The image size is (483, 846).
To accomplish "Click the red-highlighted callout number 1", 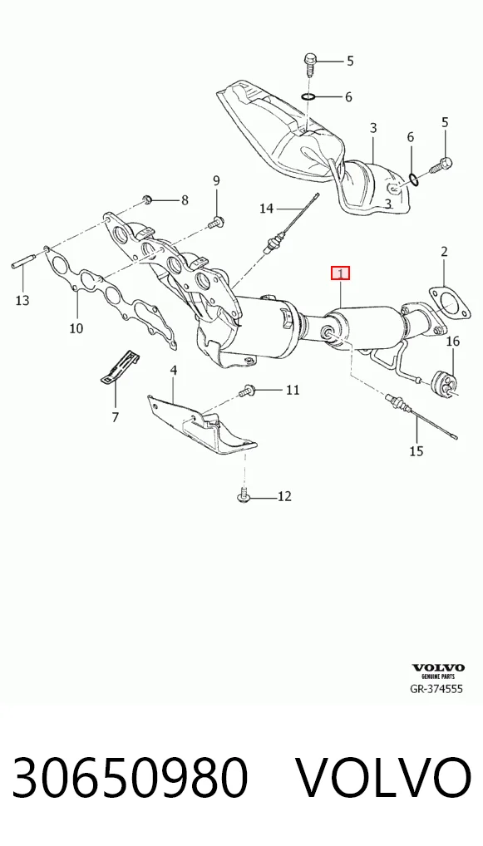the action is click(341, 273).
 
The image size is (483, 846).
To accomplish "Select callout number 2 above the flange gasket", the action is click(444, 251).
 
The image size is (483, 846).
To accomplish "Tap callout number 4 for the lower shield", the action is click(173, 370).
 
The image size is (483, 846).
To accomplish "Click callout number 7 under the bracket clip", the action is click(116, 416).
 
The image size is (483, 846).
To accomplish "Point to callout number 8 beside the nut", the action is click(185, 201).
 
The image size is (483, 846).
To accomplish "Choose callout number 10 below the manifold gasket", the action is click(76, 327).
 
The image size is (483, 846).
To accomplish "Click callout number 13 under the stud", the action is click(22, 300).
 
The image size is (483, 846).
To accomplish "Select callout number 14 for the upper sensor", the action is click(267, 209).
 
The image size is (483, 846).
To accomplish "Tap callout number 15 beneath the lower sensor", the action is click(416, 451).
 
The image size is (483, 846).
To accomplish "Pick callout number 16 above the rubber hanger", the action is click(452, 341).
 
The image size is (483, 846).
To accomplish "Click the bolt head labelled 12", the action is click(243, 495).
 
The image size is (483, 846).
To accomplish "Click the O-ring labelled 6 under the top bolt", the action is click(308, 97).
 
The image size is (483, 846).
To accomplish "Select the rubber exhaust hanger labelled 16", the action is click(444, 381).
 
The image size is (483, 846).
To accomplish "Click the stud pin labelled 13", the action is click(23, 262).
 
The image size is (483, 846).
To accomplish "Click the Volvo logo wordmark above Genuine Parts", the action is click(437, 668).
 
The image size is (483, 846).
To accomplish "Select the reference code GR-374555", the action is click(436, 689).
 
